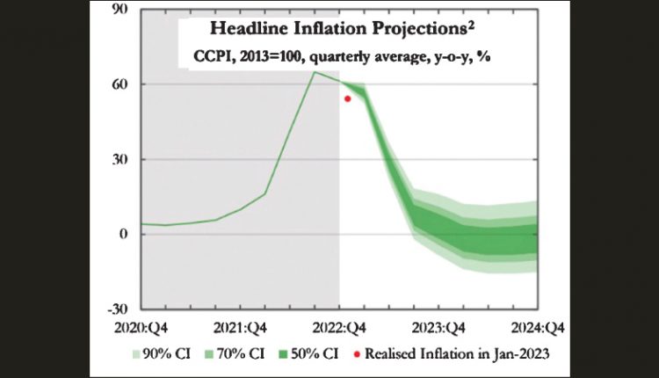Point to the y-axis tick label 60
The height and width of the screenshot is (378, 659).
[x=120, y=84]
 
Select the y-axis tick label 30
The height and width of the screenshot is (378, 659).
[x=120, y=160]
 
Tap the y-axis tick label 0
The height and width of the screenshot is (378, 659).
[x=125, y=235]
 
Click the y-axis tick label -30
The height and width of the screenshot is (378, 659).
[x=118, y=309]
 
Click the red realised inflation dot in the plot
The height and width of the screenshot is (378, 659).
[x=348, y=98]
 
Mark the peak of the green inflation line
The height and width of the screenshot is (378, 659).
[x=315, y=72]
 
